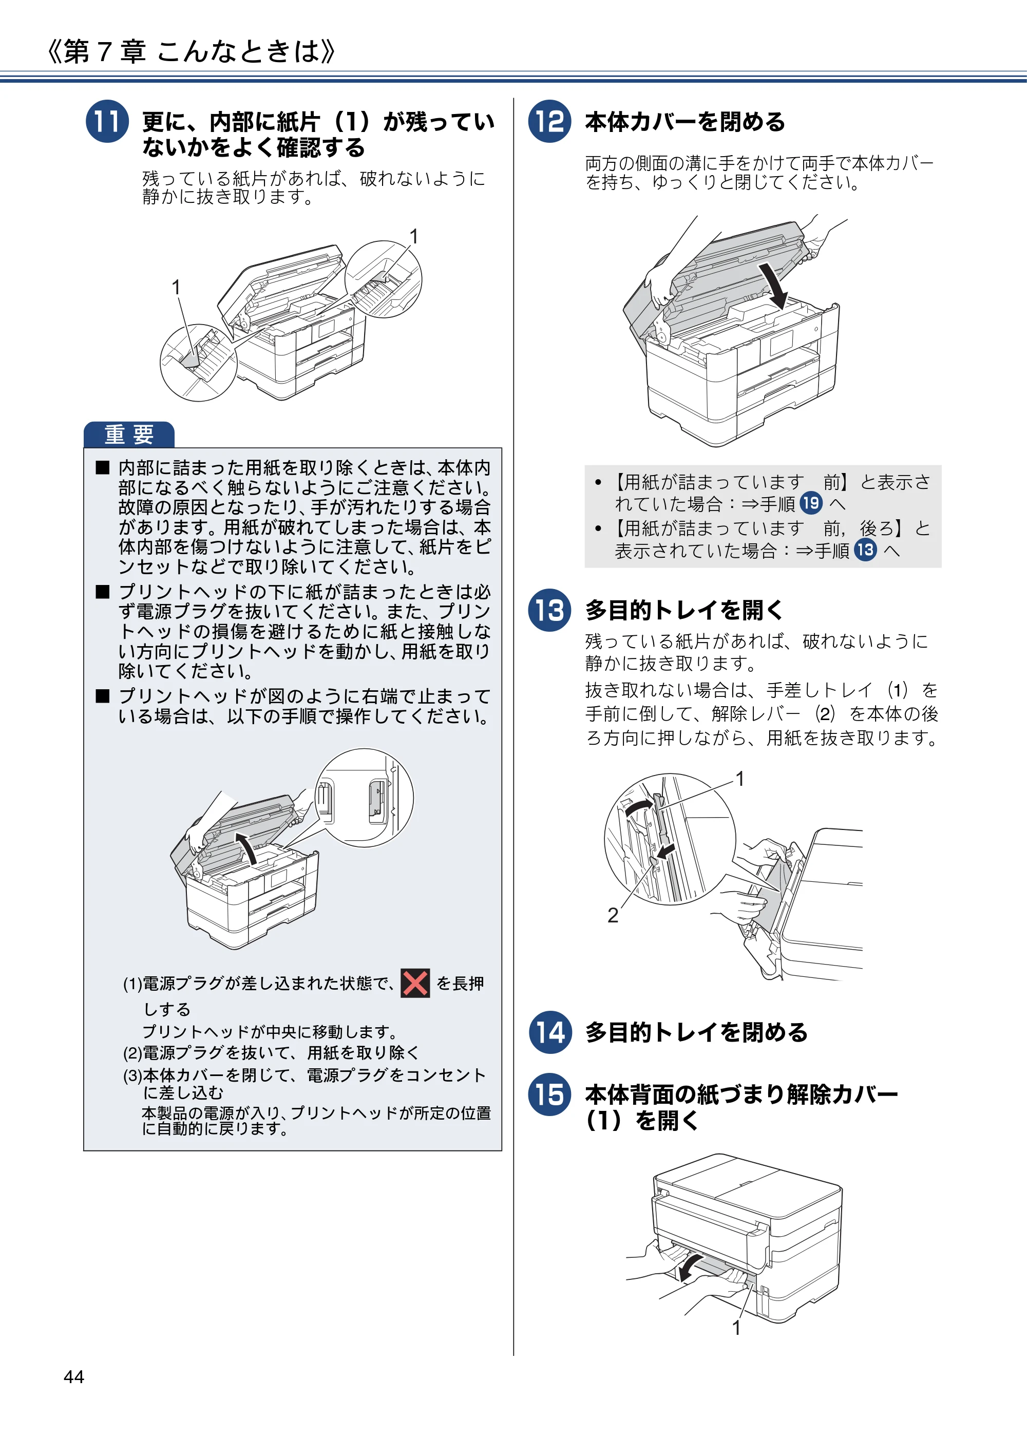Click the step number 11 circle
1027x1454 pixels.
coord(107,121)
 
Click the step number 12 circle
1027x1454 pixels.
coord(549,121)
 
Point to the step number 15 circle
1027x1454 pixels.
coord(549,1095)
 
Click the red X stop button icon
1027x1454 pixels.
coord(415,983)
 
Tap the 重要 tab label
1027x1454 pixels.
coord(129,435)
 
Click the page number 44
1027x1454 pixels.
coord(74,1377)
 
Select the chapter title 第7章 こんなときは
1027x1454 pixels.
coord(191,51)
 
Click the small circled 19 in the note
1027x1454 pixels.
coord(810,503)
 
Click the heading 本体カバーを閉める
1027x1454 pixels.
coord(685,122)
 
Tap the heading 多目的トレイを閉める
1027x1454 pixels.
coord(696,1032)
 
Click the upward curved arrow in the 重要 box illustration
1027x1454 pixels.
coord(246,848)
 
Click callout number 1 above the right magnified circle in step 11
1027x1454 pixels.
coord(413,236)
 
